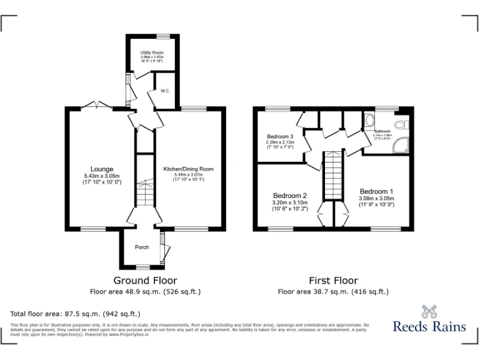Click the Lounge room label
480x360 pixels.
tap(102, 169)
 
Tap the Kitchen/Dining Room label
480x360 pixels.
tap(188, 169)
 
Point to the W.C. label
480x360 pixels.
tap(166, 91)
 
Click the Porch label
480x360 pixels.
tap(142, 247)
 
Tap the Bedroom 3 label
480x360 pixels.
tap(280, 136)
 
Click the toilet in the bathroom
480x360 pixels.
tap(401, 125)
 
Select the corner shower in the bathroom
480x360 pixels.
tap(400, 146)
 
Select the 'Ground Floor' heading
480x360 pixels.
tap(145, 281)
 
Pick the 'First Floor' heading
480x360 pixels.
tap(333, 281)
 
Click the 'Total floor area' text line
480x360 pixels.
tap(76, 313)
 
